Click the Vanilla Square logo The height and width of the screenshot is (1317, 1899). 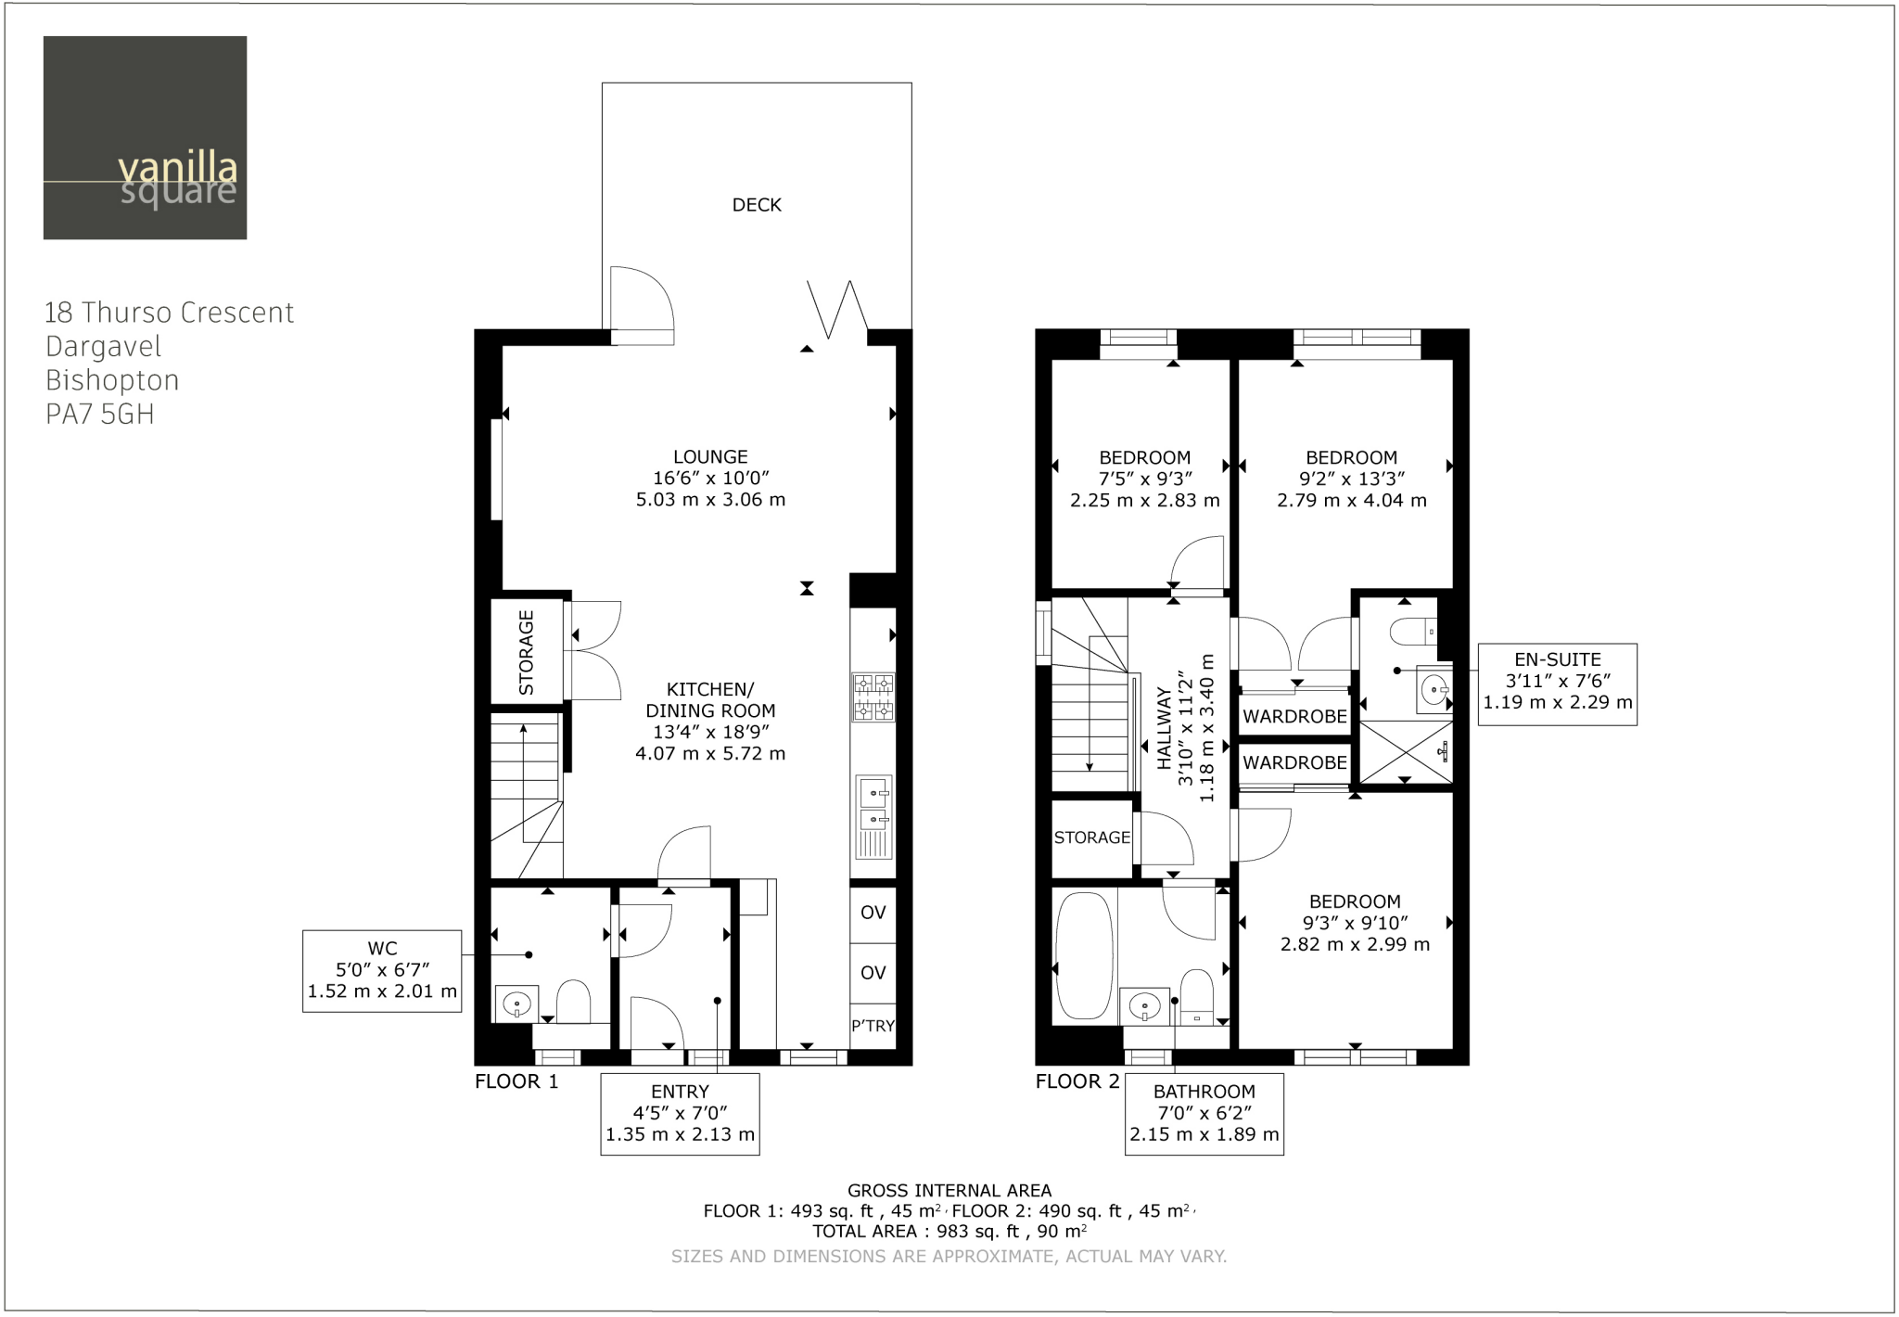tap(145, 137)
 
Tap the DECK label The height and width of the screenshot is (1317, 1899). tap(757, 205)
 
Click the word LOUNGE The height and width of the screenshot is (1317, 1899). tap(710, 456)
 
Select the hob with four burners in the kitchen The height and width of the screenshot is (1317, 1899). tap(873, 697)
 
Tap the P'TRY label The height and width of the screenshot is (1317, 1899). tap(873, 1026)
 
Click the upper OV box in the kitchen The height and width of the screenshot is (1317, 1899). tap(873, 913)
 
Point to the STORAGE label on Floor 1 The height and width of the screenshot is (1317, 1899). tap(527, 652)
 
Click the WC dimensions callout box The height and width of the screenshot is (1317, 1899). tap(382, 970)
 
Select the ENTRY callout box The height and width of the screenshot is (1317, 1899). tap(680, 1113)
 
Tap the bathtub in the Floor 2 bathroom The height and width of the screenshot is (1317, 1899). tap(1084, 955)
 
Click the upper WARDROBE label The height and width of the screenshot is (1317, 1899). tap(1294, 716)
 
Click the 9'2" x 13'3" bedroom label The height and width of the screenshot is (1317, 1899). tap(1351, 479)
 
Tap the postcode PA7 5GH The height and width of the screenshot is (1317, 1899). tap(100, 415)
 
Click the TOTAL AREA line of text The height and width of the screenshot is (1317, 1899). tap(949, 1232)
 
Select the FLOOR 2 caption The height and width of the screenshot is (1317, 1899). tap(1077, 1081)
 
